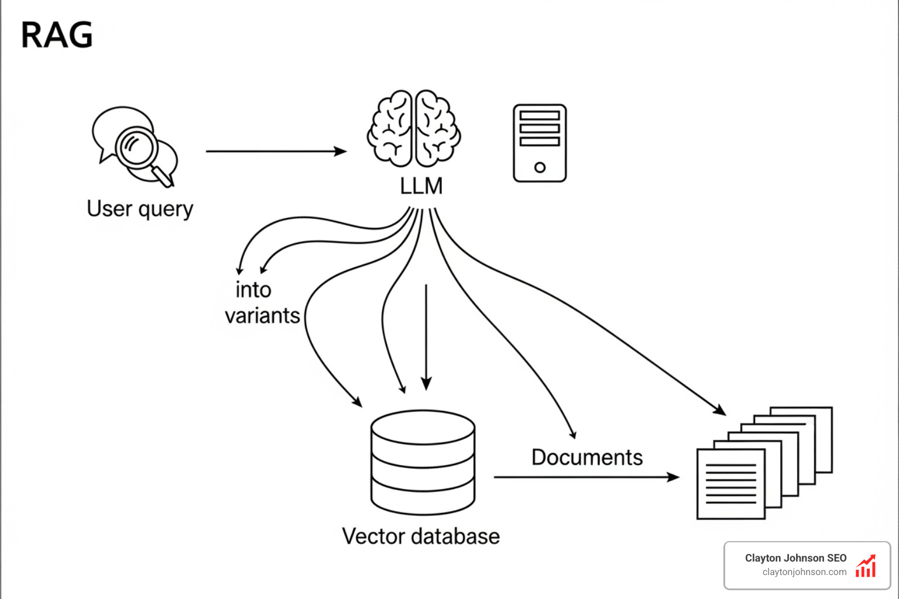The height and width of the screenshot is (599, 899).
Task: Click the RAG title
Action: [x=57, y=35]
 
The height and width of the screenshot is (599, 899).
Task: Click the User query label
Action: [x=140, y=209]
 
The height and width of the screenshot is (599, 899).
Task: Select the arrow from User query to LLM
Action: [x=275, y=152]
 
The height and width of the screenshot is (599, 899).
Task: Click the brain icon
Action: [x=414, y=128]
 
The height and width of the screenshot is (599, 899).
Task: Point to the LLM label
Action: [x=421, y=187]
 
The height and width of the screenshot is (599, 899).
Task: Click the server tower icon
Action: [x=540, y=143]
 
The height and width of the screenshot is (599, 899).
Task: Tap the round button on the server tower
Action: [x=540, y=168]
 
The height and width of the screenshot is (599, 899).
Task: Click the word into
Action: [x=253, y=290]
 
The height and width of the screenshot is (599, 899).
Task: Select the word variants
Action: [x=262, y=316]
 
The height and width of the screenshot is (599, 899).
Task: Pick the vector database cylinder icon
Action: [x=423, y=462]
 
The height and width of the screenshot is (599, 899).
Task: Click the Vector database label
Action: [x=421, y=536]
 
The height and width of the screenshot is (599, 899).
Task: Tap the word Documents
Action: [x=587, y=457]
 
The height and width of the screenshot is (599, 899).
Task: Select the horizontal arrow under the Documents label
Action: [x=585, y=477]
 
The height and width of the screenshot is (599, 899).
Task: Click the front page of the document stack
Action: [x=730, y=484]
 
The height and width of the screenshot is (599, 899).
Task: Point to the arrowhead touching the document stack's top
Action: [x=720, y=410]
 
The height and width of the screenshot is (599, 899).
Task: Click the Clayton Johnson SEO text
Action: [x=795, y=558]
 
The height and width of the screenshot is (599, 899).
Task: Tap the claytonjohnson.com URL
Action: [x=804, y=572]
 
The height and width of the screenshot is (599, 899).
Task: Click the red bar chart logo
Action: [x=866, y=566]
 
